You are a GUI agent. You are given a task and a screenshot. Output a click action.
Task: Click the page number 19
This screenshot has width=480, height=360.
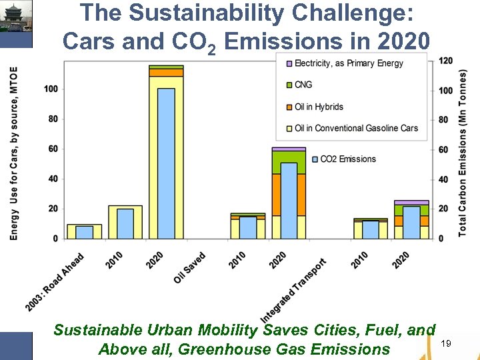tap(446, 343)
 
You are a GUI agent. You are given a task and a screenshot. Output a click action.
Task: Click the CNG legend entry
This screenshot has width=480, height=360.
tap(303, 85)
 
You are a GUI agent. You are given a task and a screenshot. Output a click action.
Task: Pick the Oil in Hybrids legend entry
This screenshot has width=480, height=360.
tap(319, 107)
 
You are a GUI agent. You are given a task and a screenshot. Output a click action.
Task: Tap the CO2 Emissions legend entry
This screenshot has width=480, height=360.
tap(347, 159)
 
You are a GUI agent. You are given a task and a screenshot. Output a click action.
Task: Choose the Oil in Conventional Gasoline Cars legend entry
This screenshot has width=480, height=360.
tap(356, 128)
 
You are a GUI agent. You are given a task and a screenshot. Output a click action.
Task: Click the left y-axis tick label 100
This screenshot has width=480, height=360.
tap(51, 89)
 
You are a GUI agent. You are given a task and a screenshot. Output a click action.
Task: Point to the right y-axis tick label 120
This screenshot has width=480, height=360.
tap(445, 61)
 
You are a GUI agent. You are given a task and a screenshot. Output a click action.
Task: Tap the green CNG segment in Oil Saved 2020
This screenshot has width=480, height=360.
tap(289, 162)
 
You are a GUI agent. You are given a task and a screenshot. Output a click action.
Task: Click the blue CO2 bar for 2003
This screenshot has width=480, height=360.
tap(84, 232)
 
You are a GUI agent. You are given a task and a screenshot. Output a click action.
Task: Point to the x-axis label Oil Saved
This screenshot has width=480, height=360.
tap(190, 267)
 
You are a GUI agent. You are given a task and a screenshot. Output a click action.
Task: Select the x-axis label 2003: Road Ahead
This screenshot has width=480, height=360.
tap(55, 282)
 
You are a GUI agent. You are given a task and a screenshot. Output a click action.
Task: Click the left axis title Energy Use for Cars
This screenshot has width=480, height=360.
tap(14, 153)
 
